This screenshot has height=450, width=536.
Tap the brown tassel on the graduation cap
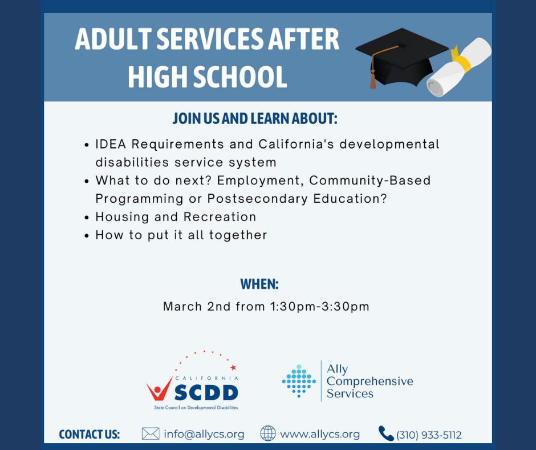372,81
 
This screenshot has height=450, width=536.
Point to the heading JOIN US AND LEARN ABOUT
255,118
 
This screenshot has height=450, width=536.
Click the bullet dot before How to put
87,236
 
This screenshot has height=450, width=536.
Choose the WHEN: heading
259,284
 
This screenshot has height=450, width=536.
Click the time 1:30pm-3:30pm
320,307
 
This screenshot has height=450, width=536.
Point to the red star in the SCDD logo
233,368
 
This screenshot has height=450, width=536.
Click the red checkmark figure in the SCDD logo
159,389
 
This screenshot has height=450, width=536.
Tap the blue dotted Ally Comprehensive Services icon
299,381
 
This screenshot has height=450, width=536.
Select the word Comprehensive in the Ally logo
370,381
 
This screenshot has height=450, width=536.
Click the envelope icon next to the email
151,434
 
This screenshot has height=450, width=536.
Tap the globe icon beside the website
268,433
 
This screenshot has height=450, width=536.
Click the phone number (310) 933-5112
429,435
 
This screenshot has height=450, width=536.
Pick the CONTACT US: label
89,435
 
